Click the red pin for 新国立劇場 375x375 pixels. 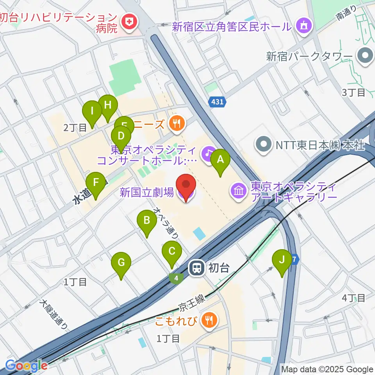pos(186,187)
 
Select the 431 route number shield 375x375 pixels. pos(218,102)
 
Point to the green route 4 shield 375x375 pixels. pos(177,278)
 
